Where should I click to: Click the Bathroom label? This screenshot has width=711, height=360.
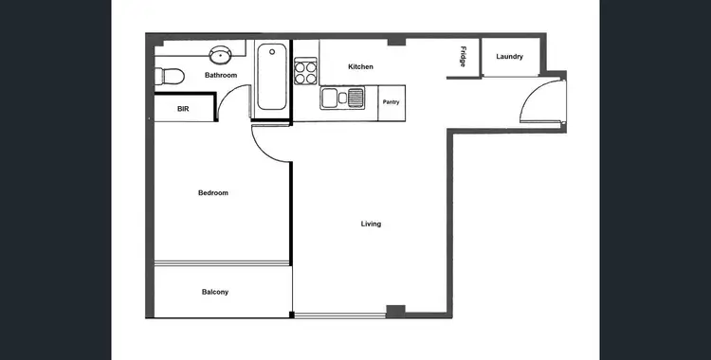tap(220, 75)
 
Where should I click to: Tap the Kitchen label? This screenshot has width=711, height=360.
tap(360, 67)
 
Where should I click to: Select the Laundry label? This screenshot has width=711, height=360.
tap(509, 57)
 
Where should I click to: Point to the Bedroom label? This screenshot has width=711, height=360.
tap(212, 193)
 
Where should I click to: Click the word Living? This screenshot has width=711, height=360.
tap(371, 225)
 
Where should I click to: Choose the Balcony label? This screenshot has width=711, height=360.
tap(215, 292)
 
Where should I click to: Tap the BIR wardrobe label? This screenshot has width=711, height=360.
tap(183, 109)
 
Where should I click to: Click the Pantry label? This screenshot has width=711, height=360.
tap(391, 102)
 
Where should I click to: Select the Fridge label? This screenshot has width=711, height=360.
tap(463, 56)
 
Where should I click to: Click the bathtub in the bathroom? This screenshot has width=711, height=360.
tap(270, 78)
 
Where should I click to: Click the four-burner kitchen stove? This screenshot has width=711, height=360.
tap(305, 72)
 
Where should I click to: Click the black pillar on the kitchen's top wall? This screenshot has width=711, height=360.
tap(396, 42)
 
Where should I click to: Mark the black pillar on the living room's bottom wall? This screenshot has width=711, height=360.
tap(395, 310)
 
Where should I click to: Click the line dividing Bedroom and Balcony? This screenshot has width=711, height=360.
tap(220, 264)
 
